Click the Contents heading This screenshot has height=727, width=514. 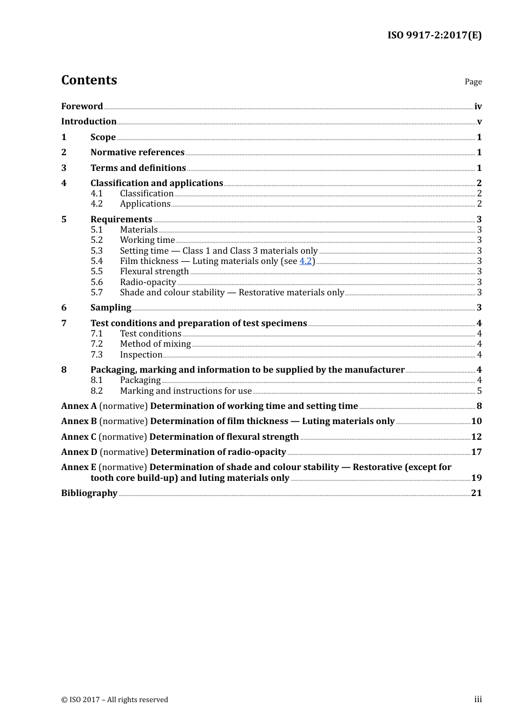[x=89, y=80]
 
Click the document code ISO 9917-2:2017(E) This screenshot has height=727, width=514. [x=434, y=35]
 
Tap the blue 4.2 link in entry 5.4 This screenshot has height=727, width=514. [x=305, y=261]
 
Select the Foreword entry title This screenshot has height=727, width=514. [x=82, y=107]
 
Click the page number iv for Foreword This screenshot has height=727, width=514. [x=478, y=107]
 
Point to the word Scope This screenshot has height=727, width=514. [x=103, y=137]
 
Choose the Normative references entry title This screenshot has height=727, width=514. [x=137, y=153]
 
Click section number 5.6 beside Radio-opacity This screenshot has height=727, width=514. [x=96, y=282]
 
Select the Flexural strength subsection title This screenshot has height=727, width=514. [x=154, y=272]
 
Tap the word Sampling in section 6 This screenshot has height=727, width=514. [x=110, y=308]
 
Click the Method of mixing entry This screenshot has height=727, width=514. [x=155, y=344]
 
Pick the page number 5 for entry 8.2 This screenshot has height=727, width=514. [x=479, y=391]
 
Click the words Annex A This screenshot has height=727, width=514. [x=78, y=406]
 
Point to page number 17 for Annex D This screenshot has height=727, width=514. [x=476, y=452]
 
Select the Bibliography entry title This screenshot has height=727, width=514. [x=89, y=493]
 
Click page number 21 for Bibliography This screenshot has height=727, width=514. [x=476, y=493]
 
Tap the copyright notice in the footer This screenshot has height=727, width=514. [x=115, y=700]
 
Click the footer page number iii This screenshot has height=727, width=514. [x=478, y=699]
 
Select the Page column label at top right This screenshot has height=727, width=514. [x=473, y=82]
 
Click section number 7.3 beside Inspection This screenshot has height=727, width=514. [x=96, y=355]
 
